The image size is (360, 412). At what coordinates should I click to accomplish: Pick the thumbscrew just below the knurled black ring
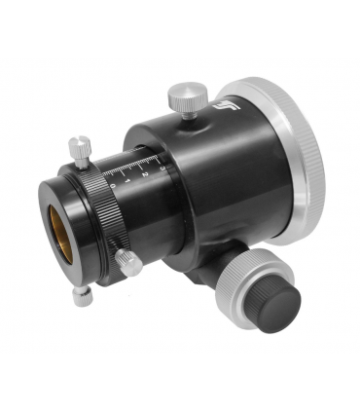point(128,261)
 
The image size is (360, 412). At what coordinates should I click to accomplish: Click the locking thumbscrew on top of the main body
point(182,95)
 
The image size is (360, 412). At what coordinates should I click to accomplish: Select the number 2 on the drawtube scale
point(143,169)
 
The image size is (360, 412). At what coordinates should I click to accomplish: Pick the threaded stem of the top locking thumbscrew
point(185,109)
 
